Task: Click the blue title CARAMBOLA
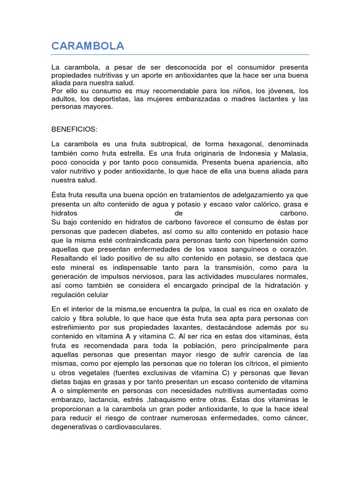tap(88, 46)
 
